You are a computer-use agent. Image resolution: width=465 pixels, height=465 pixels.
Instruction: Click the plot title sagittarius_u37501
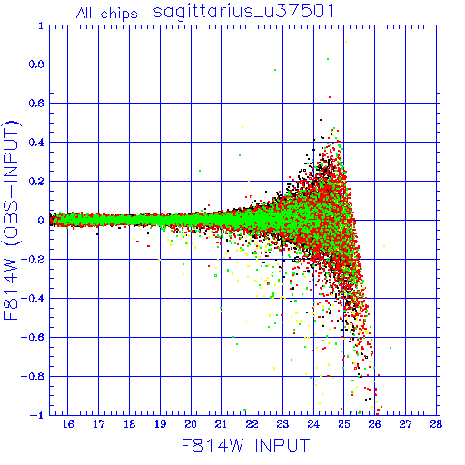(x=243, y=12)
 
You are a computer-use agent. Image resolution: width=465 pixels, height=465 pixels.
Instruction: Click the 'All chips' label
(x=106, y=14)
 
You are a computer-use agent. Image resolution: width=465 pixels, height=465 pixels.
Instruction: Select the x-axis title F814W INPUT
(x=245, y=446)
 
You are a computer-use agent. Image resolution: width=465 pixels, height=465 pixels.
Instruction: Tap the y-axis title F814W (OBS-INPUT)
(x=11, y=220)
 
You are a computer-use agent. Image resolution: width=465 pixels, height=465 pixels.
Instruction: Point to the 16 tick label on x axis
(x=68, y=424)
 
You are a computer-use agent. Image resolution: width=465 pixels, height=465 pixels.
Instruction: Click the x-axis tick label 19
(x=160, y=424)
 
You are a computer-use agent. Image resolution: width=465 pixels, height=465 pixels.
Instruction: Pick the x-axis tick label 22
(x=252, y=424)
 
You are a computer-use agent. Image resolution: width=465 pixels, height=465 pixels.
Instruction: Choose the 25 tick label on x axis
(x=344, y=424)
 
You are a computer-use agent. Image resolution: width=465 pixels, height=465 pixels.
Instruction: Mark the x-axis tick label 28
(x=436, y=424)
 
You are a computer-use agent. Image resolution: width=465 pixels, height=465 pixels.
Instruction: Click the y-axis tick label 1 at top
(x=41, y=25)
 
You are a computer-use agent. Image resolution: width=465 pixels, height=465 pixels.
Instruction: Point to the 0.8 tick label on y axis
(x=36, y=64)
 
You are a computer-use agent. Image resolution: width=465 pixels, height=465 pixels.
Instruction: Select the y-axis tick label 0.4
(x=36, y=143)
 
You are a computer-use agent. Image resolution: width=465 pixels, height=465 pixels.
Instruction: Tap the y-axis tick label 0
(x=41, y=221)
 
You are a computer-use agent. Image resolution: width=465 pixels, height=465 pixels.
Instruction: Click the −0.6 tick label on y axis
(x=33, y=337)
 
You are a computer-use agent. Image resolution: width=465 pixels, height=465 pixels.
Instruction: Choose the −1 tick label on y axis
(x=37, y=415)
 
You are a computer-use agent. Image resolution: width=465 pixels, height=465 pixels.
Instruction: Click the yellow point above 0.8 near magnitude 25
(x=346, y=42)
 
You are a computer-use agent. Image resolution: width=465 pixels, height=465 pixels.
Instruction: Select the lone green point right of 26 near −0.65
(x=391, y=348)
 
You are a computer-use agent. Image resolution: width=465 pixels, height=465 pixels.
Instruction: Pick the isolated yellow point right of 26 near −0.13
(x=384, y=246)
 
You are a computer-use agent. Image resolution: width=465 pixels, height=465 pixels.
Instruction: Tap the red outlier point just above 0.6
(x=330, y=97)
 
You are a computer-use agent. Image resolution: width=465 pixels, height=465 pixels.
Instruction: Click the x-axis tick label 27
(x=405, y=424)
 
